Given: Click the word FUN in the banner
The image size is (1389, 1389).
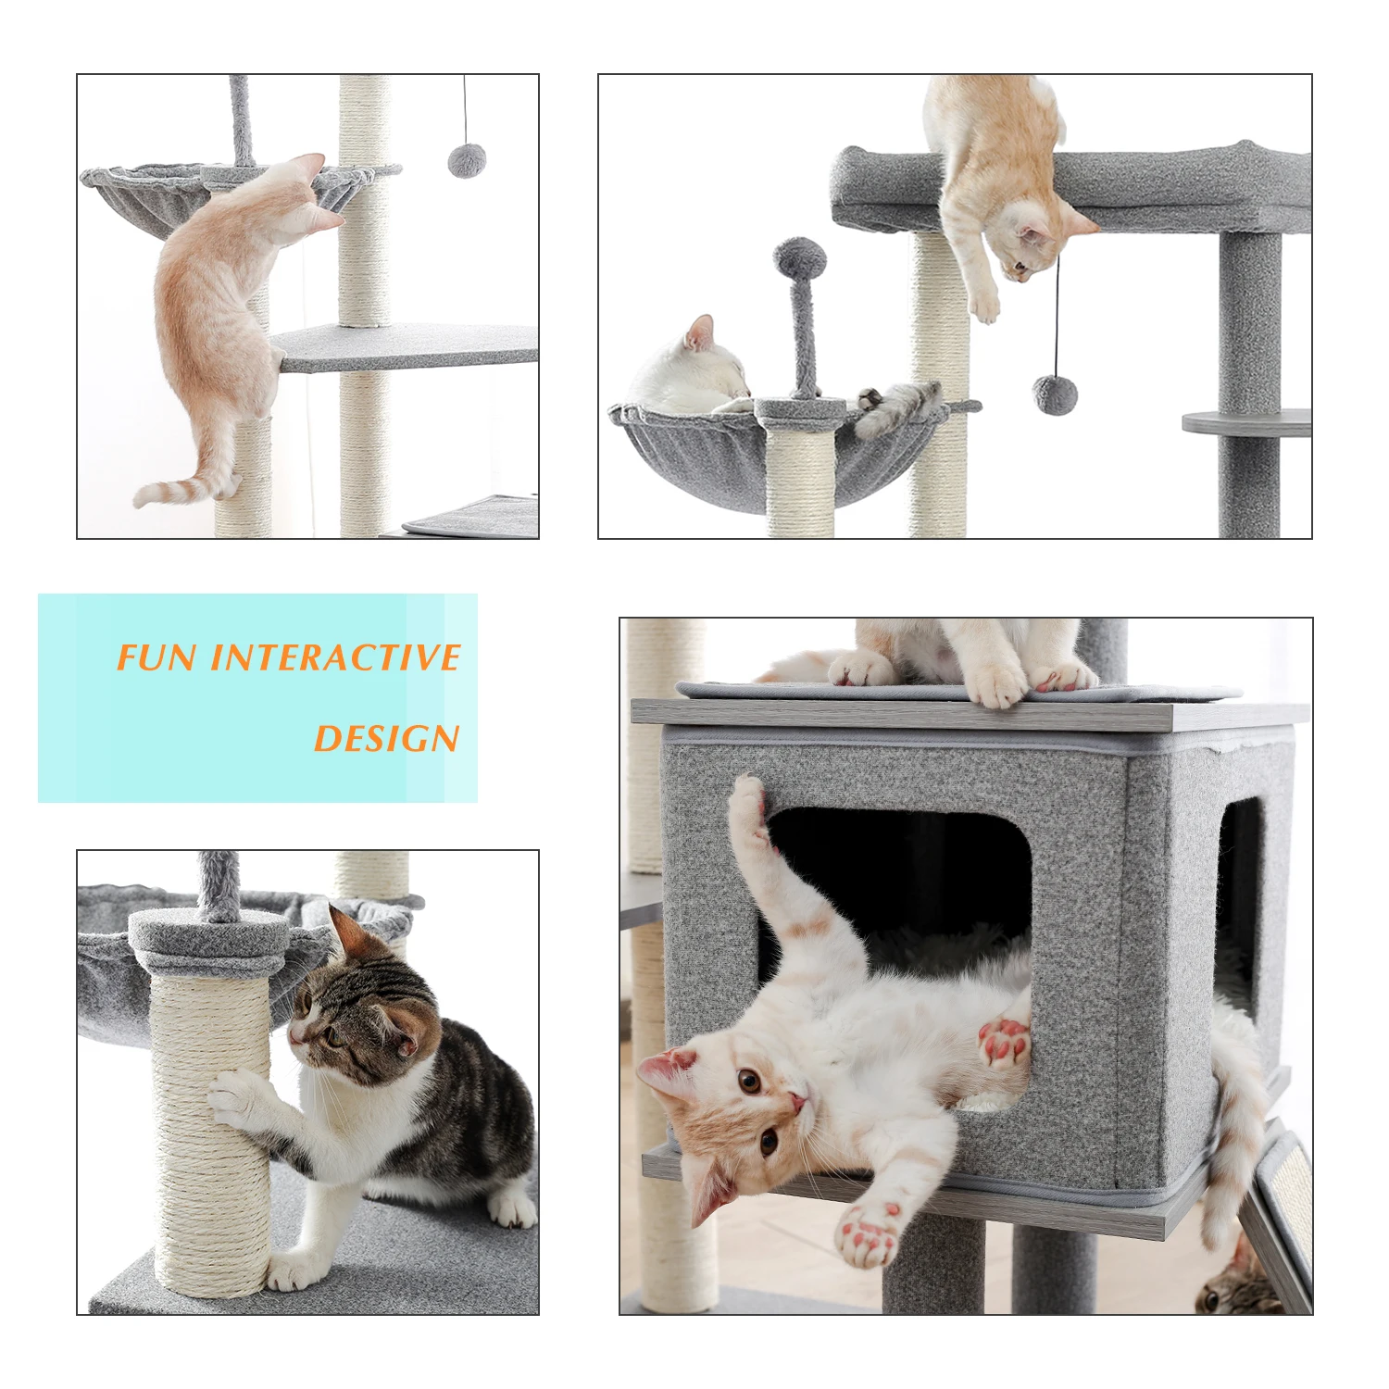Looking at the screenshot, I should [156, 657].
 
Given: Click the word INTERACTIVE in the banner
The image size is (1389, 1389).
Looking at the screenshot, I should [335, 657].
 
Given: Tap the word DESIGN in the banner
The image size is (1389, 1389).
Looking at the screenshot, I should [386, 738].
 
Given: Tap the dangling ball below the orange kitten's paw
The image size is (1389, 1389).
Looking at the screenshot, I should [1055, 394].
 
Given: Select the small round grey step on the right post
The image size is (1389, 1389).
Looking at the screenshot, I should [1246, 422].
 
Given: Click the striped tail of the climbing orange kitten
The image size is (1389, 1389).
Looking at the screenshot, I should [185, 490].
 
